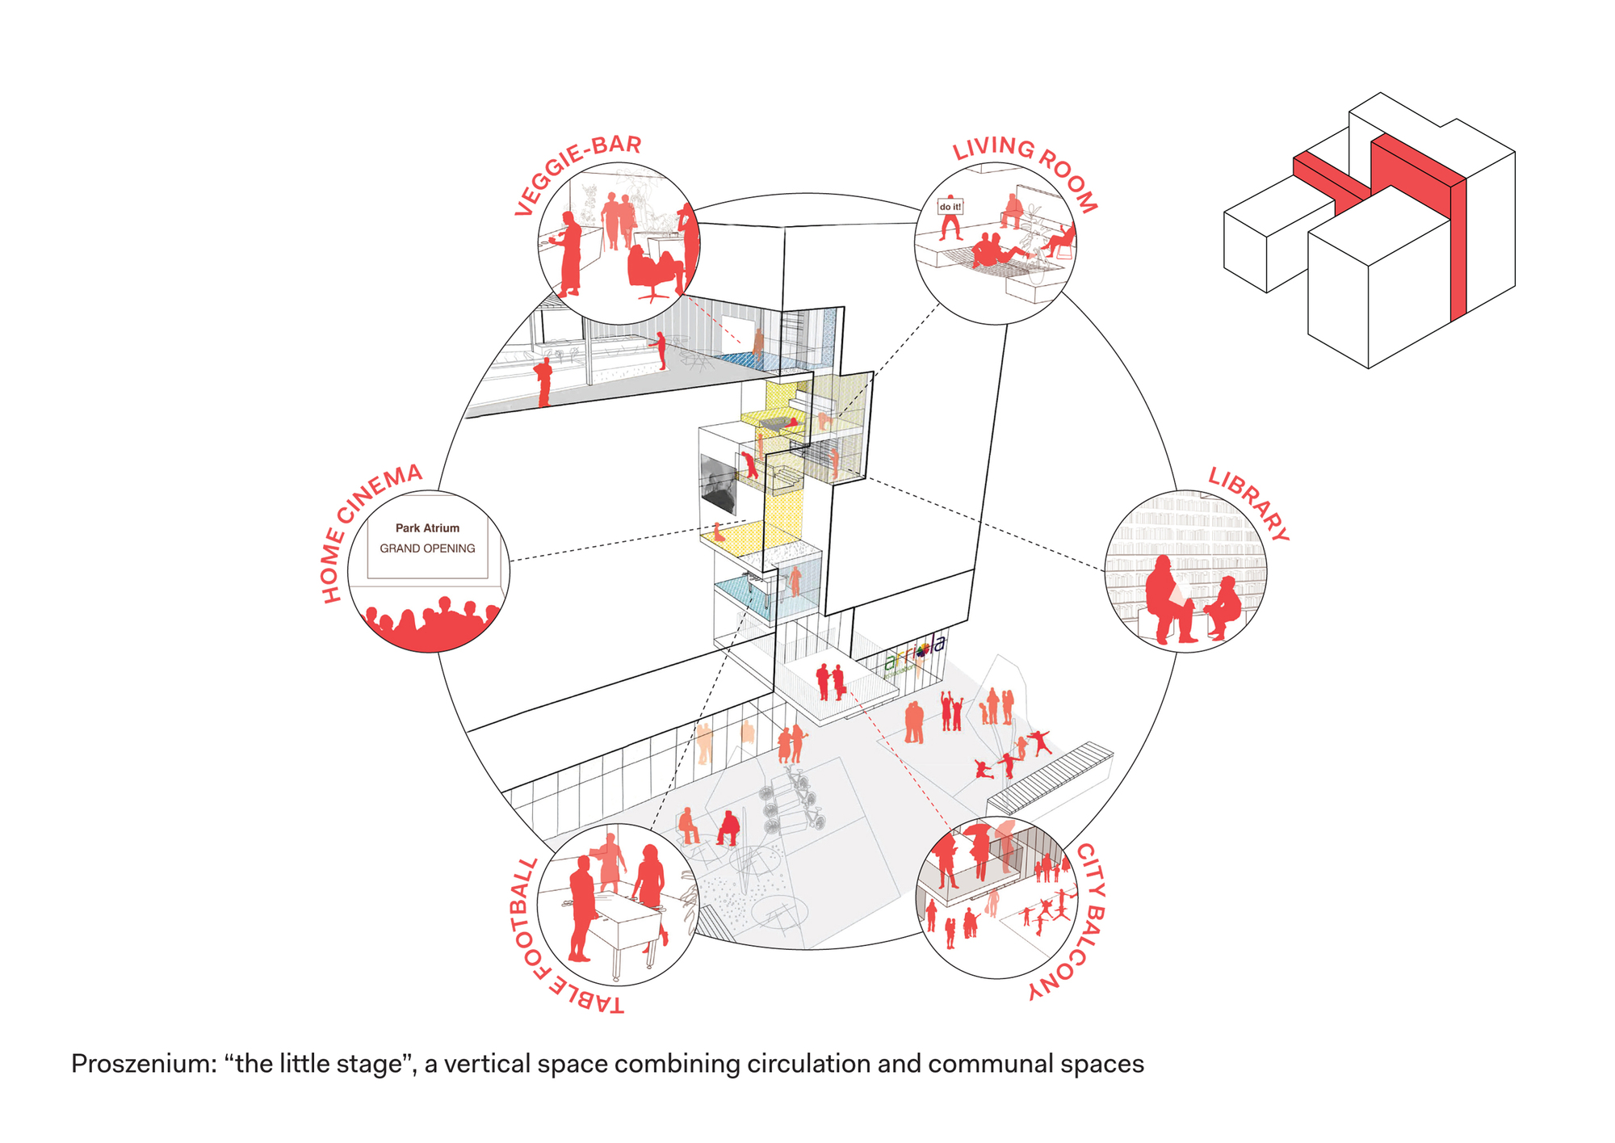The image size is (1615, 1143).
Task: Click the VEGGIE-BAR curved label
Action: pyautogui.click(x=577, y=174)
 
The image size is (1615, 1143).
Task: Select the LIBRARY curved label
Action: pyautogui.click(x=1248, y=504)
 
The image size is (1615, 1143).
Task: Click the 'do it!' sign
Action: pyautogui.click(x=950, y=207)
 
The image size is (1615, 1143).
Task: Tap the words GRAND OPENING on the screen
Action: pyautogui.click(x=427, y=548)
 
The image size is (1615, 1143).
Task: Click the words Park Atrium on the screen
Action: pyautogui.click(x=427, y=528)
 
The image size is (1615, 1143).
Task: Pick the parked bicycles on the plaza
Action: pyautogui.click(x=792, y=801)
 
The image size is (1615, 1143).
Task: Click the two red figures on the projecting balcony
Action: pyautogui.click(x=830, y=681)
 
